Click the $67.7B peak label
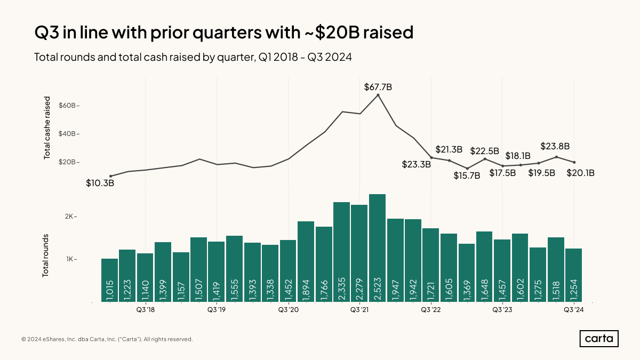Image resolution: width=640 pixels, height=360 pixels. (x=378, y=86)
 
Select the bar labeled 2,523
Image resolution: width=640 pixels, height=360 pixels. (x=377, y=248)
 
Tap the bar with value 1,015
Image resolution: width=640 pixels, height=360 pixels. (x=109, y=280)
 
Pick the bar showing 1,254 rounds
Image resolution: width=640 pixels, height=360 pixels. (x=573, y=275)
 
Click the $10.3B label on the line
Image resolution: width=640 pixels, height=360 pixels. (x=100, y=183)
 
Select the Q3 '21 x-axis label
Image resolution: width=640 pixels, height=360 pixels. (x=359, y=310)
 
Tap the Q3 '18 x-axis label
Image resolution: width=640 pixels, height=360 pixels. (x=145, y=310)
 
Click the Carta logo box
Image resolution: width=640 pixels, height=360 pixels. (x=599, y=339)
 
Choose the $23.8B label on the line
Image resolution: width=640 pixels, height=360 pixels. (x=555, y=146)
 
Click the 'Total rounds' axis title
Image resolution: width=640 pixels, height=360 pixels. (x=46, y=255)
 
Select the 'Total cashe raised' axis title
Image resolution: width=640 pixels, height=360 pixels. (x=47, y=128)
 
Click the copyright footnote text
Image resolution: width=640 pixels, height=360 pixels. (x=107, y=339)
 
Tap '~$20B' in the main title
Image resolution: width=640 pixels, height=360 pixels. (x=327, y=33)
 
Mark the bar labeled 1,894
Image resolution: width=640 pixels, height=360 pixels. (x=306, y=261)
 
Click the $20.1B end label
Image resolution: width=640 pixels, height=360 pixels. (x=580, y=173)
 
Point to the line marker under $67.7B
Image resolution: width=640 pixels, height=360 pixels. (x=378, y=95)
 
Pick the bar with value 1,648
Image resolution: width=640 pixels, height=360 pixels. (x=484, y=267)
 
